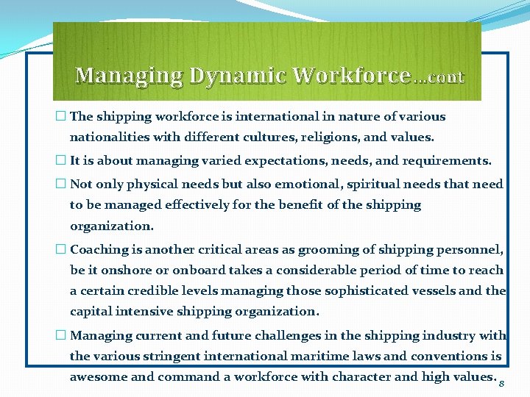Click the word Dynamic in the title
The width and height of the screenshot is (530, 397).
238,75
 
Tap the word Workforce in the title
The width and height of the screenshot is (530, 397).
351,75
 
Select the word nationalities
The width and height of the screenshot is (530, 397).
107,137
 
